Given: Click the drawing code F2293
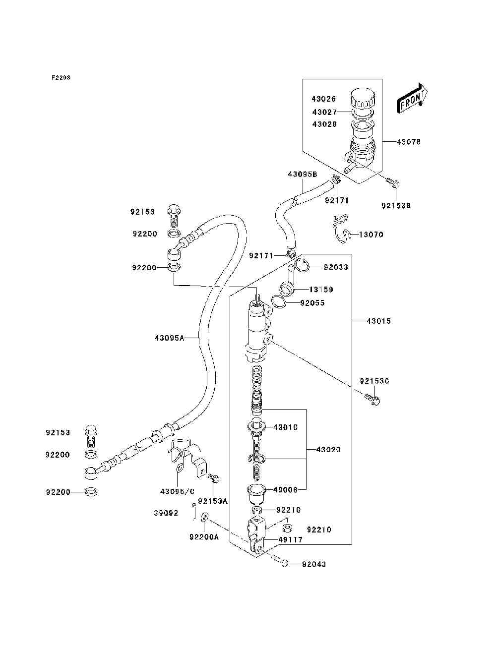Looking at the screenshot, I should pos(61,77).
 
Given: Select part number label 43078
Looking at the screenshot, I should pos(408,142).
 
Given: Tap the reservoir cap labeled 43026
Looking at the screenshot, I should pos(363,98).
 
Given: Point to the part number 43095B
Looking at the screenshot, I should pos(302,174).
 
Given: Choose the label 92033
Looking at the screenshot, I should pos(336,267).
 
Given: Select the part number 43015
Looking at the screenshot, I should pos(378,321).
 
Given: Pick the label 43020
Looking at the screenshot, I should pos(328,450).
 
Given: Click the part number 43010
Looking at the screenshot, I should pos(285,427).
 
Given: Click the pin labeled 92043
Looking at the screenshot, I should pos(280,561).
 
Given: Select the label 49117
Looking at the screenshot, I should pos(290,540).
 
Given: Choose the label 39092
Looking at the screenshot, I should pos(166,513).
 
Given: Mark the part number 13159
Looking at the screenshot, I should pos(321,290).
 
